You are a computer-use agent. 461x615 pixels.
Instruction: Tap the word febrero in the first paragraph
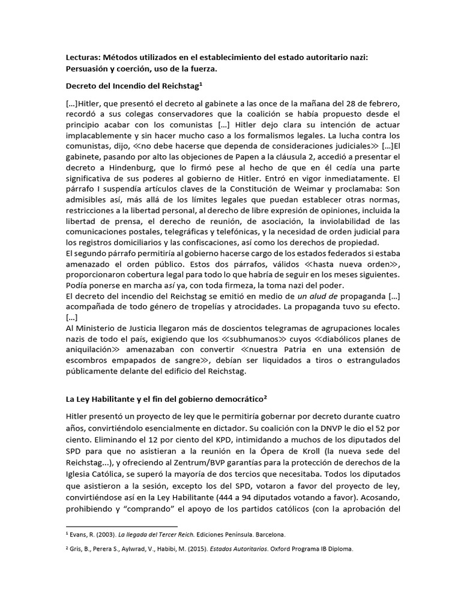click(375, 102)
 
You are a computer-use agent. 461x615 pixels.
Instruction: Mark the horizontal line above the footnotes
click(113, 525)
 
